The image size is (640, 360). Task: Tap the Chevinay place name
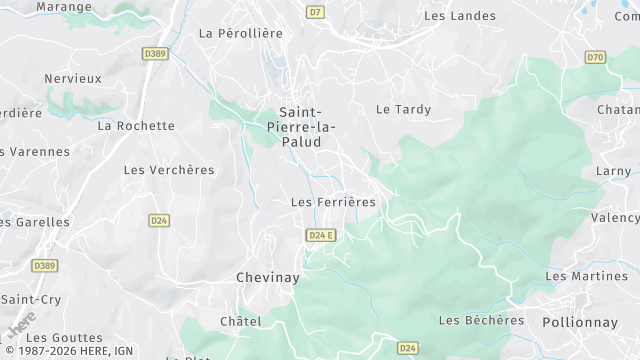pyautogui.click(x=268, y=276)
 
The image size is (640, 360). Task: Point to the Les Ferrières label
pyautogui.click(x=333, y=202)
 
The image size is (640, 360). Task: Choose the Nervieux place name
pyautogui.click(x=73, y=78)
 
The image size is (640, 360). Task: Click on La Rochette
pyautogui.click(x=136, y=126)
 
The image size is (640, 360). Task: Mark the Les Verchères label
pyautogui.click(x=169, y=170)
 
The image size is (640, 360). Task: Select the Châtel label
pyautogui.click(x=240, y=321)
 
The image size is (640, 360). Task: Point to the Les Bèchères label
pyautogui.click(x=482, y=320)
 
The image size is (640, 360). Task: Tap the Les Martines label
pyautogui.click(x=586, y=276)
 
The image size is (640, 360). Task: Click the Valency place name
pyautogui.click(x=614, y=218)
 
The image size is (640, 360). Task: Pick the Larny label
pyautogui.click(x=613, y=171)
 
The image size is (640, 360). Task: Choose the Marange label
pyautogui.click(x=64, y=6)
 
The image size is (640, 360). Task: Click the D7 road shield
pyautogui.click(x=316, y=13)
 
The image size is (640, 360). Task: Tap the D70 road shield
pyautogui.click(x=596, y=57)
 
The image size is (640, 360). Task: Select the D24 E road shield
pyautogui.click(x=321, y=235)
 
